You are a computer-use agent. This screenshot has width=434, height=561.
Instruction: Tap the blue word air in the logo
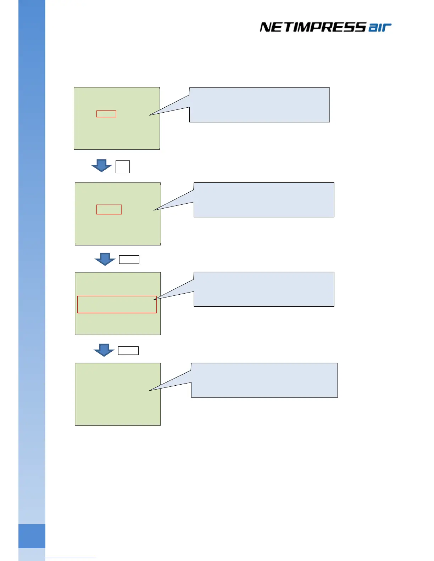[x=380, y=28]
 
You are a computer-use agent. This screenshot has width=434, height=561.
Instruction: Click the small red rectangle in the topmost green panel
[x=106, y=114]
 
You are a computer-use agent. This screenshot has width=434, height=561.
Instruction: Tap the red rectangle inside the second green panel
[x=109, y=209]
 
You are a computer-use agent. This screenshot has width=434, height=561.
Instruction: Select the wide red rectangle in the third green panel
[x=117, y=304]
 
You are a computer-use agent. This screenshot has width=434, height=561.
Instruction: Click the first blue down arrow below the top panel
[x=101, y=165]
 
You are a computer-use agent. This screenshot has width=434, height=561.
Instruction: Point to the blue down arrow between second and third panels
[x=105, y=259]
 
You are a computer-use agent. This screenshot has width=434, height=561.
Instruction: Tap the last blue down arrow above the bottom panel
[x=104, y=350]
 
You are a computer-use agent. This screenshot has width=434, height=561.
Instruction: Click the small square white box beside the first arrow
[x=123, y=167]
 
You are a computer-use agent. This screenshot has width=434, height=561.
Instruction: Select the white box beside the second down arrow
[x=129, y=260]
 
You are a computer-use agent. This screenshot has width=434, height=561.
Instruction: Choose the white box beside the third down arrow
[x=128, y=351]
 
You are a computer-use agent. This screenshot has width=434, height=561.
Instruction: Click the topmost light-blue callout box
[x=260, y=105]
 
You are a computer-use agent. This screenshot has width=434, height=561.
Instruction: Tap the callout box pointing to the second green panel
[x=264, y=200]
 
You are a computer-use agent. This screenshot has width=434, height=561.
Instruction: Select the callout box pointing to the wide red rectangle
[x=264, y=289]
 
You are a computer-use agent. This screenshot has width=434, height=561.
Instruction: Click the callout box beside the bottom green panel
[x=264, y=380]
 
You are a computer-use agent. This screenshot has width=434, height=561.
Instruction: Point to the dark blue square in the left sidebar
[x=32, y=536]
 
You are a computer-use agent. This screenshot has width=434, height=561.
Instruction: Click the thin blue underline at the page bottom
[x=70, y=558]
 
